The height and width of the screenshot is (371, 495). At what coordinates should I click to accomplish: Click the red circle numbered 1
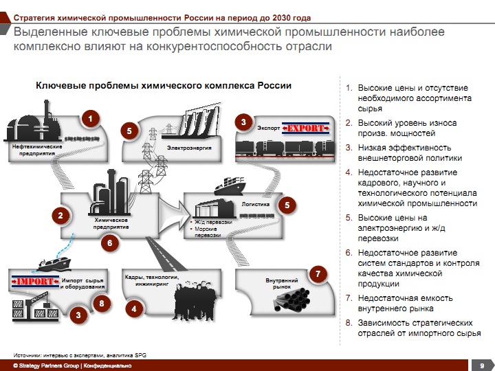[x=88, y=119]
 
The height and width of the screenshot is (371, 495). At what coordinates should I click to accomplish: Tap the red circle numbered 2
[x=60, y=216]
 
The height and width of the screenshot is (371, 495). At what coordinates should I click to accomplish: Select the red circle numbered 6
[x=108, y=243]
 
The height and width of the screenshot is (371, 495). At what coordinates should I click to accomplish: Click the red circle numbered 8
[x=102, y=303]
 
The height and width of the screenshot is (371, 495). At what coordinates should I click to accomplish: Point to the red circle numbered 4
[x=135, y=310]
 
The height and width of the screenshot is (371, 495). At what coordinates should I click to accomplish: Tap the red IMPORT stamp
[x=34, y=281]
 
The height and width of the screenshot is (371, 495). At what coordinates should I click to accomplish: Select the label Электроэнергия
[x=188, y=148]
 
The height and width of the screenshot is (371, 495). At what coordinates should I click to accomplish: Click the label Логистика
[x=254, y=204]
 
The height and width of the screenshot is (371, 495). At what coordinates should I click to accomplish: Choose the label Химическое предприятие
[x=111, y=223]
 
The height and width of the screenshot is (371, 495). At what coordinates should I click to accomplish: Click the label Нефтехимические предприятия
[x=37, y=150]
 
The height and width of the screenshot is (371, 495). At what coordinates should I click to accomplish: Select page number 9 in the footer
[x=482, y=365]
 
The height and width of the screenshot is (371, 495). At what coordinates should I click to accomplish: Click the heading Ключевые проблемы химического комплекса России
[x=164, y=86]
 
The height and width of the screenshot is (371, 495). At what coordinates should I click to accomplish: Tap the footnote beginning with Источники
[x=80, y=354]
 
